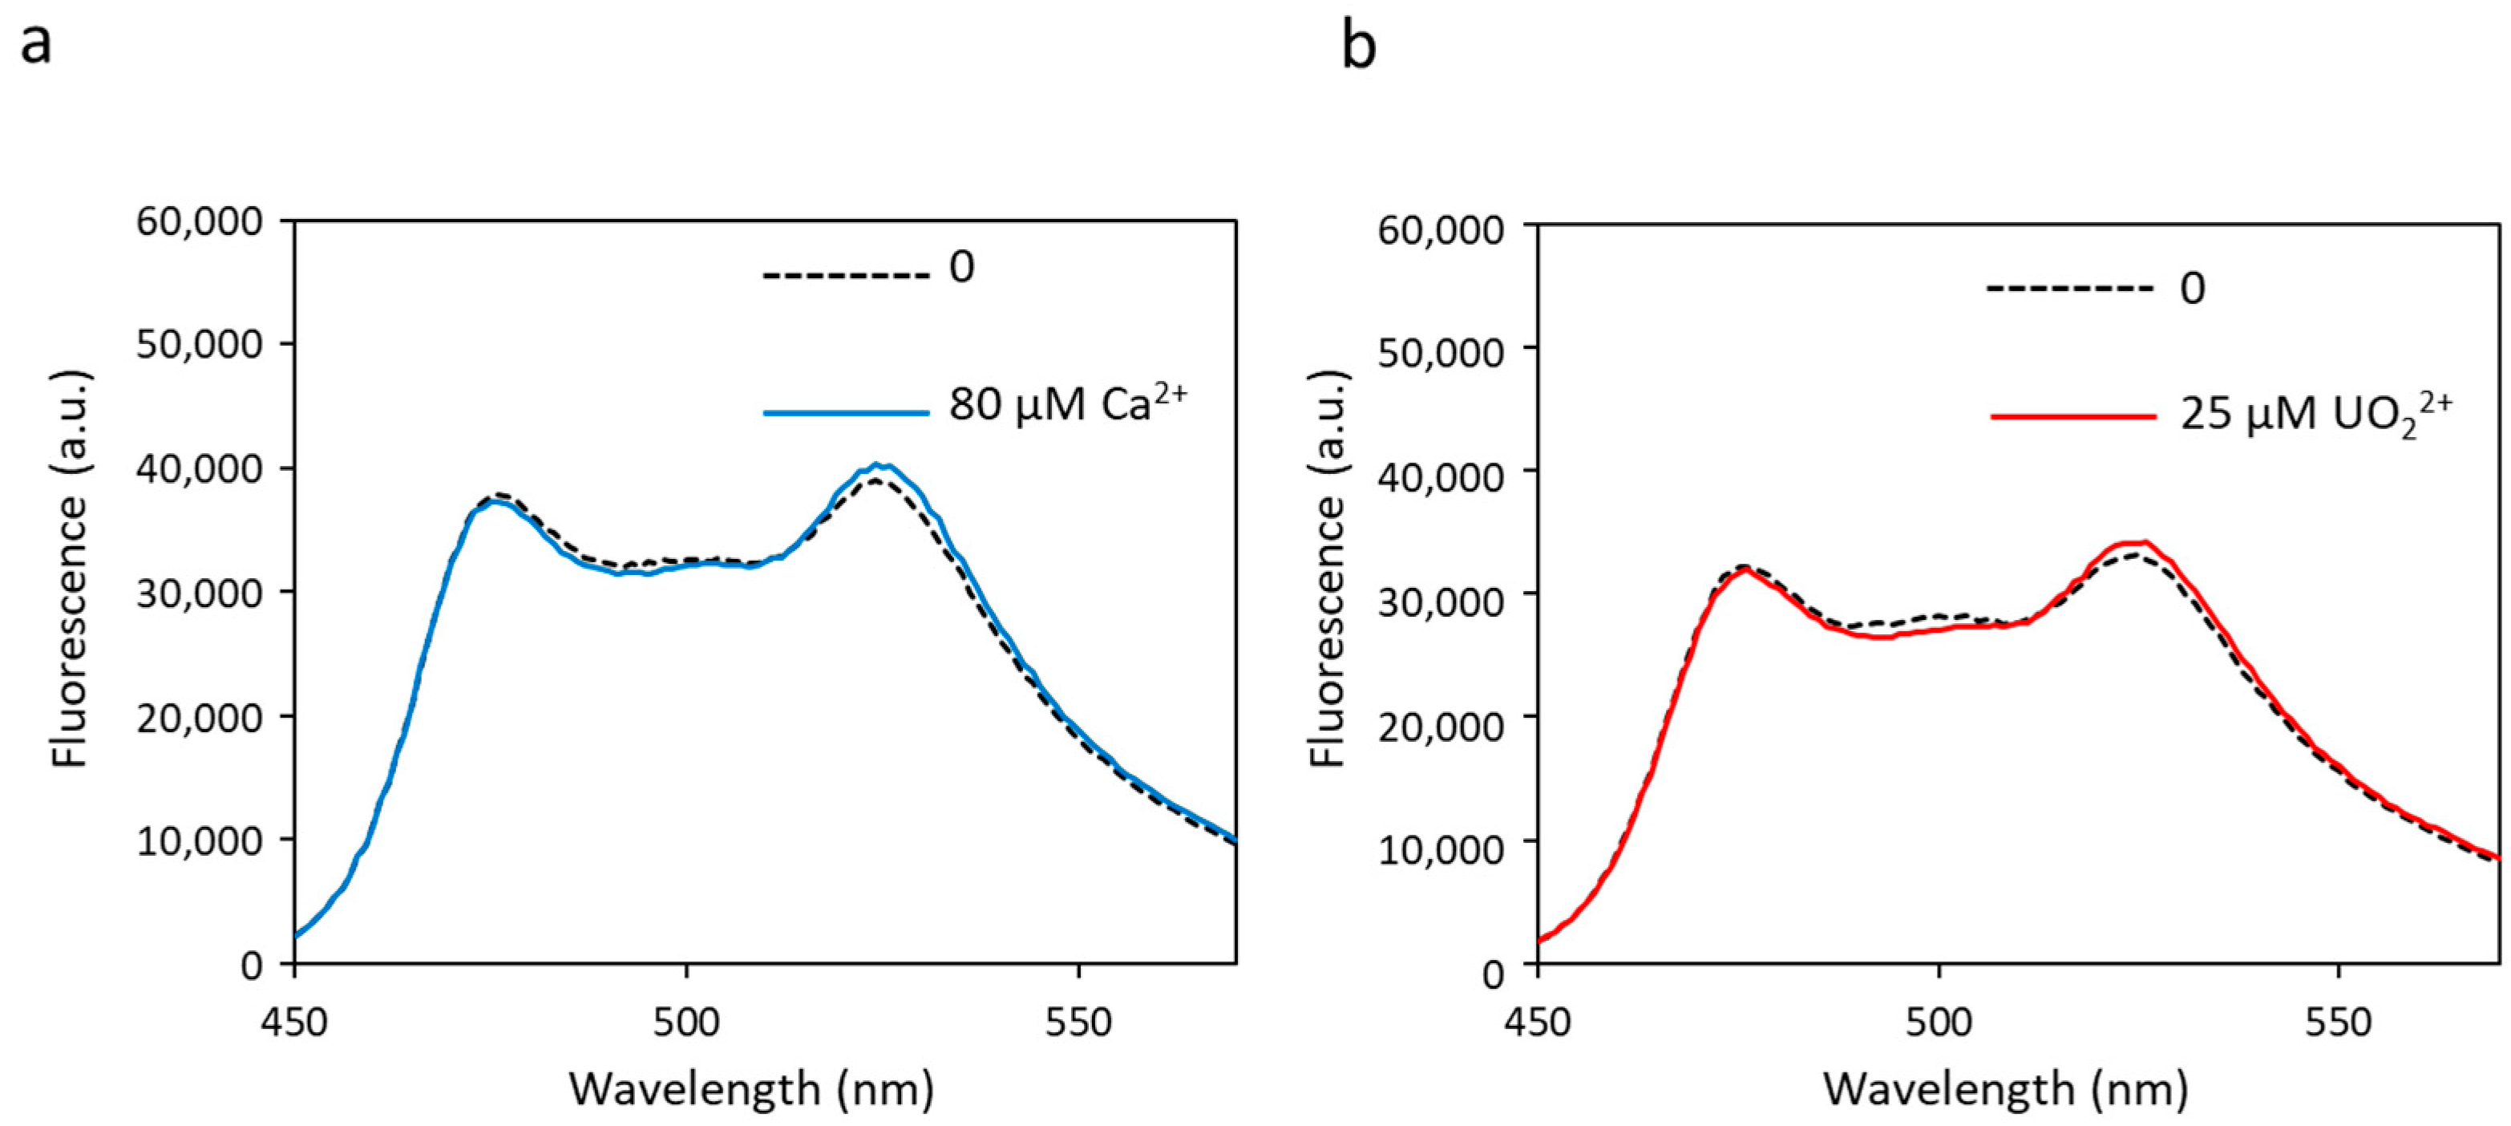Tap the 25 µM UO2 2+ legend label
click(x=2316, y=415)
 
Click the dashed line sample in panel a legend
click(x=845, y=276)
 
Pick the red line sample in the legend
click(x=2072, y=416)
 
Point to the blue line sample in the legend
click(x=845, y=412)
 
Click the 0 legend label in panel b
click(x=2192, y=289)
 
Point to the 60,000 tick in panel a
click(x=199, y=221)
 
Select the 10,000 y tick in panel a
click(x=199, y=840)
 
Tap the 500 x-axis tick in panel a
click(x=686, y=1023)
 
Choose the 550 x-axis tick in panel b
click(x=2339, y=1023)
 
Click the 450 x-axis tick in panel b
click(x=1537, y=1023)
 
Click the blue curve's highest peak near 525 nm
click(x=879, y=465)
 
